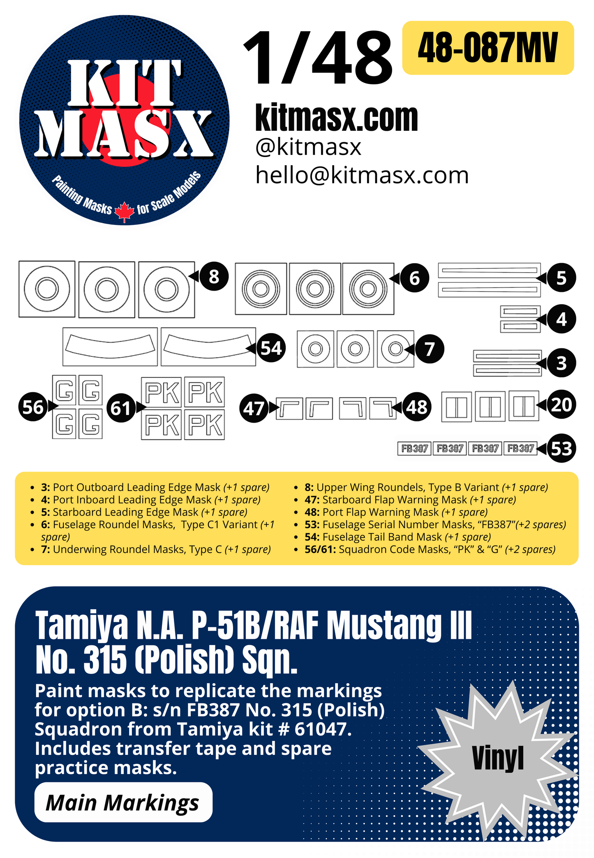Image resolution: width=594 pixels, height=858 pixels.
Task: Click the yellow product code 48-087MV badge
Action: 488,48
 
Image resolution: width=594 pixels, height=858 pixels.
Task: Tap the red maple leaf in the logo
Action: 124,212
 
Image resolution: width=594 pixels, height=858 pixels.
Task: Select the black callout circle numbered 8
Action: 214,277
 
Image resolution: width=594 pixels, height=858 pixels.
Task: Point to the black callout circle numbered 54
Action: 271,348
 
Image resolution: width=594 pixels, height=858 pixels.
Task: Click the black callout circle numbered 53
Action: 562,449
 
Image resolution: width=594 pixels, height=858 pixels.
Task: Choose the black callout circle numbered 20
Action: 562,405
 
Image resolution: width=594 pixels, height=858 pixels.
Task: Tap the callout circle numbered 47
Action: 253,408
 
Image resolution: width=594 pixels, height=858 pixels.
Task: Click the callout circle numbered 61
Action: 121,408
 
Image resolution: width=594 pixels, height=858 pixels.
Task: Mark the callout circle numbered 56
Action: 33,407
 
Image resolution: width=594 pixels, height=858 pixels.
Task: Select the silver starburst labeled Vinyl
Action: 498,758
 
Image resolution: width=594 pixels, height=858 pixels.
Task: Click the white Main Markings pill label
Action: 123,802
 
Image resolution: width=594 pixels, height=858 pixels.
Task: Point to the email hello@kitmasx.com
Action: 362,176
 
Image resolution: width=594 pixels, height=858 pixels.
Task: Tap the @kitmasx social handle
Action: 308,147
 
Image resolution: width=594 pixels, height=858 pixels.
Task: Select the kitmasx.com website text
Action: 336,118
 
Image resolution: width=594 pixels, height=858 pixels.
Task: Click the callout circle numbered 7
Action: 430,349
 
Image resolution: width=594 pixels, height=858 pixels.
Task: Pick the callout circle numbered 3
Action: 562,363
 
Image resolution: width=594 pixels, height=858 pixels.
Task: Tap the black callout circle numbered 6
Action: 414,278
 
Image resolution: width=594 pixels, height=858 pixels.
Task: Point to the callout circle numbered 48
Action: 417,407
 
